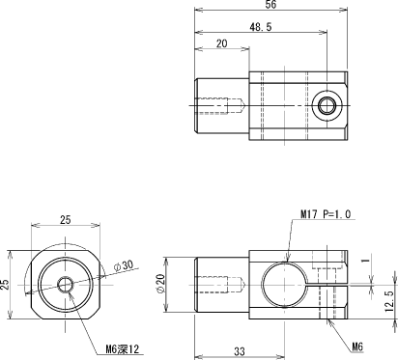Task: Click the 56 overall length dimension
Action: tap(270, 5)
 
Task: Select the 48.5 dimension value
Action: tap(261, 27)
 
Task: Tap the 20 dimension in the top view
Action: tap(221, 43)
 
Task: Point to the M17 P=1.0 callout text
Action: tap(326, 214)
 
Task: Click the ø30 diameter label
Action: tap(124, 265)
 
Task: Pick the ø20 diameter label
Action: tap(160, 283)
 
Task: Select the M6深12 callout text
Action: tap(123, 348)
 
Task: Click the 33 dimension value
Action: tap(240, 351)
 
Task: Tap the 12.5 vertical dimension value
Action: tap(389, 301)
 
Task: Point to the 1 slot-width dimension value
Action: tap(366, 259)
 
